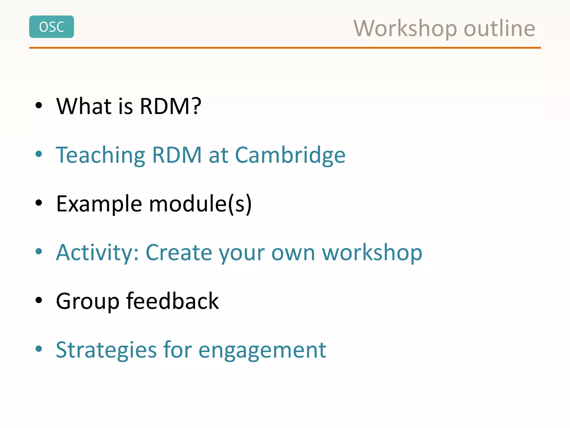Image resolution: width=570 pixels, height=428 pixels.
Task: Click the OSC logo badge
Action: coord(51,27)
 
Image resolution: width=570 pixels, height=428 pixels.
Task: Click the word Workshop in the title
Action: coord(405,28)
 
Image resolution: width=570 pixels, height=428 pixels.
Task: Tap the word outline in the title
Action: coord(499,28)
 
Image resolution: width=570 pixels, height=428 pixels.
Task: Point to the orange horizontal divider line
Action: coord(285,48)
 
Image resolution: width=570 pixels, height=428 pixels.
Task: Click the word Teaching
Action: coord(100,155)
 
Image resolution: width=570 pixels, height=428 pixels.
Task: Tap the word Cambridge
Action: coord(290,155)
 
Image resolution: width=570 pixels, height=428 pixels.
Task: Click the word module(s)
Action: coord(200,204)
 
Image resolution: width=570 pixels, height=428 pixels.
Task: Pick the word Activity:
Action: coord(97,253)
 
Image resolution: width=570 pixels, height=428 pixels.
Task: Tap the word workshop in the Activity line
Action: coord(372,253)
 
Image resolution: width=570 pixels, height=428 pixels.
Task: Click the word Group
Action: coord(88,301)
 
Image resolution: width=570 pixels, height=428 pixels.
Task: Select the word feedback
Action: coord(172,301)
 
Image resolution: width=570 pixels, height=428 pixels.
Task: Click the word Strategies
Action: coord(106,350)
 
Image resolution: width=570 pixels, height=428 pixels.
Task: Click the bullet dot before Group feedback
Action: coord(39,300)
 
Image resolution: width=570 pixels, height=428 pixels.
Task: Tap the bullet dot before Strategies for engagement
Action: coord(39,349)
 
